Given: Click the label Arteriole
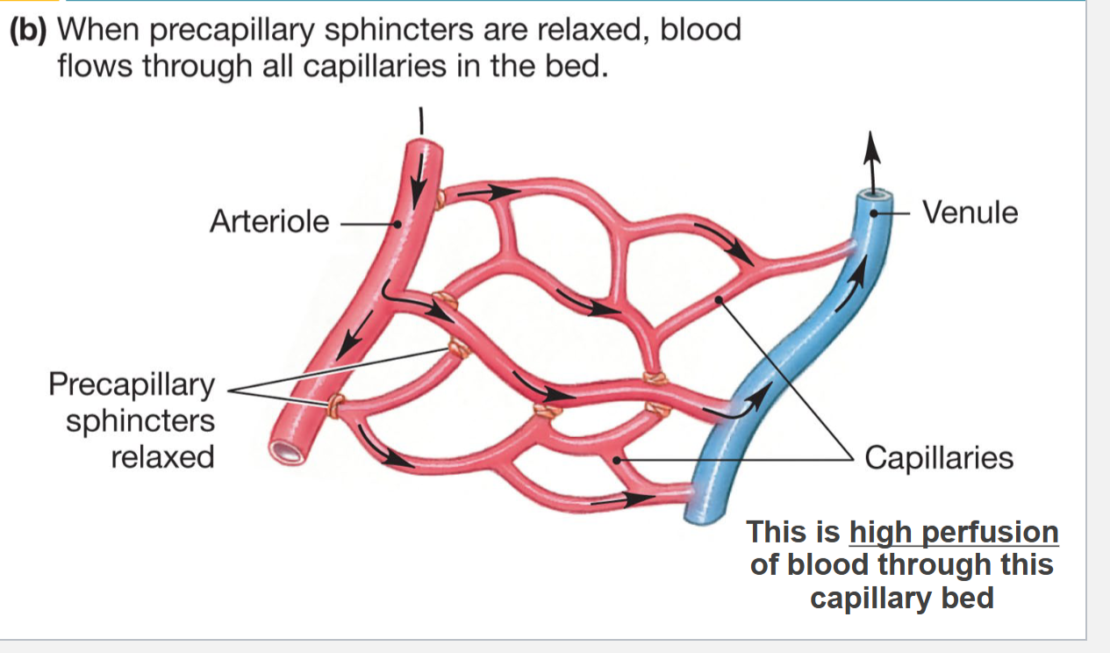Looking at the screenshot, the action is point(269,221).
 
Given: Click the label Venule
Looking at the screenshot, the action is point(970,212).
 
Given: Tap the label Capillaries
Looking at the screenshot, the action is point(938,457).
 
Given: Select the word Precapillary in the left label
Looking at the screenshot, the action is point(132,384).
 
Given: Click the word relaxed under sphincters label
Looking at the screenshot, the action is point(162,456).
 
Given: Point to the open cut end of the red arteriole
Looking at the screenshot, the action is point(288,451).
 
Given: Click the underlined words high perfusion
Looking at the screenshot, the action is point(954,533).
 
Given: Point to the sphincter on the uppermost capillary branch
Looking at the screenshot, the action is point(440,199).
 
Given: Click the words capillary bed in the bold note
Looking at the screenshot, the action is point(901,598).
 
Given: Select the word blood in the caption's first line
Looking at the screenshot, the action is point(699,31).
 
